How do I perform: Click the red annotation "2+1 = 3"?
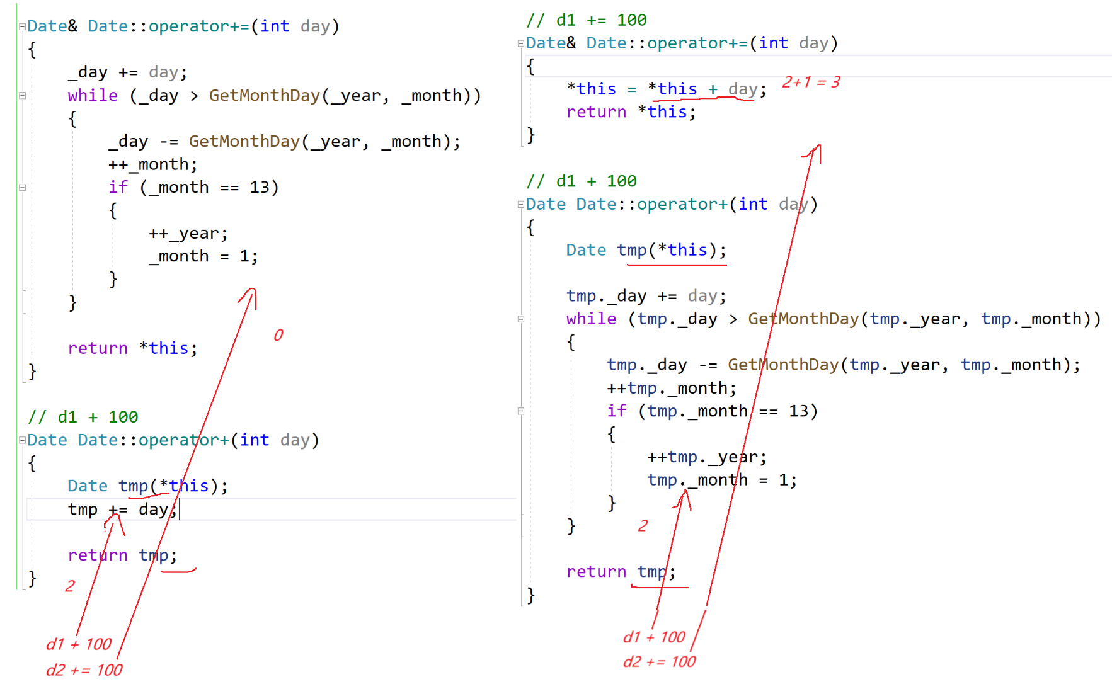(x=811, y=82)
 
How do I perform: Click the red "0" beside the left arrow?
(x=278, y=335)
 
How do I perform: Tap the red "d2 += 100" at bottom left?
(x=84, y=669)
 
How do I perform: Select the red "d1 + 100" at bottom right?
(x=654, y=637)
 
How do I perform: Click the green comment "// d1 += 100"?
(x=587, y=20)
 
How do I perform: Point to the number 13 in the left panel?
(x=260, y=187)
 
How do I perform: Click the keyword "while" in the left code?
(x=93, y=95)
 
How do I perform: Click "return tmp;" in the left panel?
(x=122, y=555)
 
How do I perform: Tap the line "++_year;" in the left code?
(x=188, y=233)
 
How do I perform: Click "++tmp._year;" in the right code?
(x=706, y=457)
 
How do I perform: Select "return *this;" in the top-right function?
(x=631, y=111)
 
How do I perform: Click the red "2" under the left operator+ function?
(x=70, y=586)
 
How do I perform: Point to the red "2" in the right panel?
(x=643, y=526)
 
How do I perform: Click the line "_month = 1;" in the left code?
(x=203, y=256)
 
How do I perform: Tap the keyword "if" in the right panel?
(x=617, y=411)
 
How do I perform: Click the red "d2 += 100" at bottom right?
(x=659, y=661)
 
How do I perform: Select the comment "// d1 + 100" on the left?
(x=83, y=417)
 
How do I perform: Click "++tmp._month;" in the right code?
(x=671, y=388)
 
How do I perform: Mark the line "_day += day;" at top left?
(x=127, y=72)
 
